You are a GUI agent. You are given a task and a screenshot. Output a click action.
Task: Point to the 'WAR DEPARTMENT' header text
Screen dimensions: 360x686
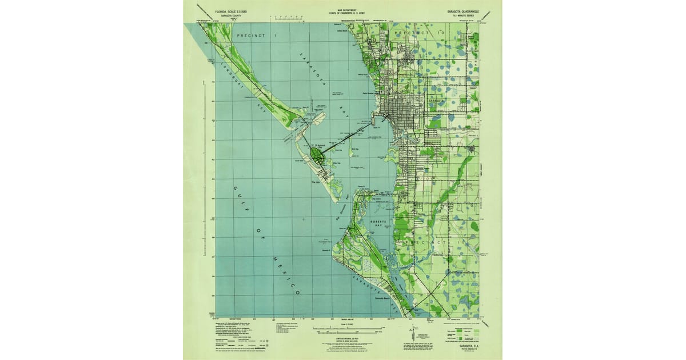coord(344,10)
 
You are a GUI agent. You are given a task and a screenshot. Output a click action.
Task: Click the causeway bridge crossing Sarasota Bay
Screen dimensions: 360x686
coord(346,137)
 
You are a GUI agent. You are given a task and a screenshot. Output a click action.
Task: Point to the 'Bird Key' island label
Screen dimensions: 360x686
coord(355,149)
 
